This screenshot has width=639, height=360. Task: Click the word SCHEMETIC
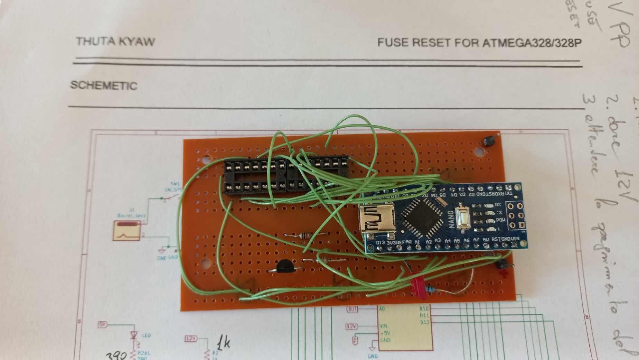(104, 85)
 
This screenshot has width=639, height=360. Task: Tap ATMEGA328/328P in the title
(532, 43)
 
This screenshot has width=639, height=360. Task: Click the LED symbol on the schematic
(134, 335)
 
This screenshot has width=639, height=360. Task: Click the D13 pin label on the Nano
(380, 242)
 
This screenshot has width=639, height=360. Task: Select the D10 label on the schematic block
(424, 308)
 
